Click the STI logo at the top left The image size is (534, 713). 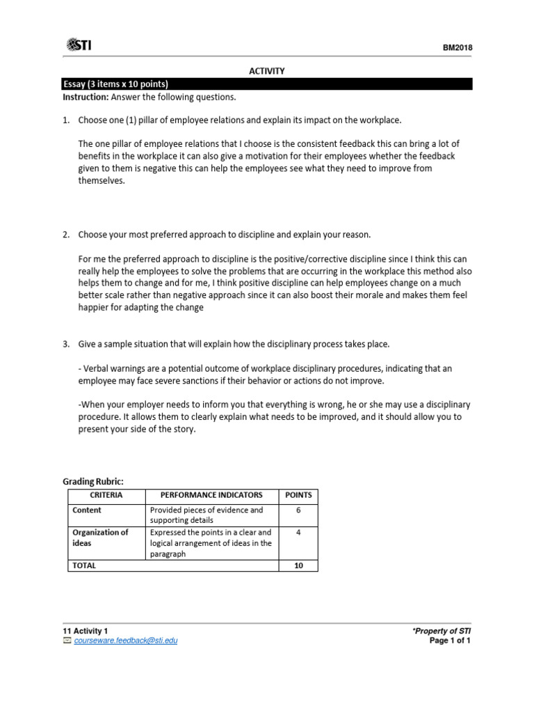click(x=78, y=46)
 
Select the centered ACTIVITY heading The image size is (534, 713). click(x=267, y=71)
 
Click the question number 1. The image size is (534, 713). click(x=66, y=120)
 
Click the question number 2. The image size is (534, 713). click(x=66, y=235)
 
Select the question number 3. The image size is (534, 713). click(x=66, y=344)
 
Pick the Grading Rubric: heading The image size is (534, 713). click(x=93, y=481)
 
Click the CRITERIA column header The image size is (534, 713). click(x=106, y=495)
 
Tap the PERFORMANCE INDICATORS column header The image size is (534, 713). click(x=211, y=495)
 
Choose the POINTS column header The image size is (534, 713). click(x=298, y=495)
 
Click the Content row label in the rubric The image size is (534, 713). click(x=87, y=510)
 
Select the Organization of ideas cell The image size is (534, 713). click(x=100, y=538)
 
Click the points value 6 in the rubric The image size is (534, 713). click(x=298, y=510)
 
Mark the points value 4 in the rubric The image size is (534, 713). click(x=298, y=533)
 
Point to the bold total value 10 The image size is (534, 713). click(x=298, y=566)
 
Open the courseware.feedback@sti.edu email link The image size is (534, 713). click(x=126, y=641)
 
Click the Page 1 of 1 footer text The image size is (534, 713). click(x=451, y=641)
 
